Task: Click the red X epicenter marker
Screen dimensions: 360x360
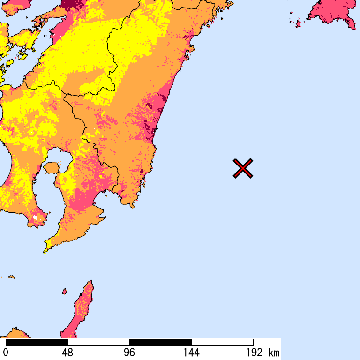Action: click(243, 168)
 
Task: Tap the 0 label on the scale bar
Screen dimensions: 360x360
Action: click(6, 352)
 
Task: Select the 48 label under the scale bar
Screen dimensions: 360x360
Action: click(67, 352)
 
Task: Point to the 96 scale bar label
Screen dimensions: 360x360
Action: click(129, 352)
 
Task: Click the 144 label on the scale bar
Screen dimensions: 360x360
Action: click(191, 352)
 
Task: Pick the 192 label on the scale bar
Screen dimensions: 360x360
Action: click(253, 352)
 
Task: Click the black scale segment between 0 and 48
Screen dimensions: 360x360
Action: click(37, 342)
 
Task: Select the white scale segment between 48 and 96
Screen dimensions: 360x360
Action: click(98, 342)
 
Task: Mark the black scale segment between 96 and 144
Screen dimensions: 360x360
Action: click(160, 342)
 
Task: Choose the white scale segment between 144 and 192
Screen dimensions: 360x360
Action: click(222, 342)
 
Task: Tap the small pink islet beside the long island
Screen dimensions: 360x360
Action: click(64, 292)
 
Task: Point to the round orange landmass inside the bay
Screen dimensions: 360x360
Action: click(52, 167)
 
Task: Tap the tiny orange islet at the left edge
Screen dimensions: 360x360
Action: click(11, 277)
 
